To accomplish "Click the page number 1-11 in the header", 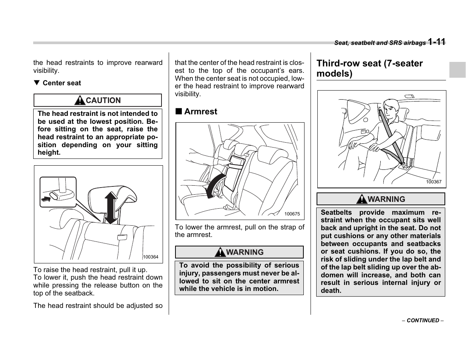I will [x=437, y=42].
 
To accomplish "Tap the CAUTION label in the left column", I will [x=103, y=100].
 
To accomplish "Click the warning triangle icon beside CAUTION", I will [x=80, y=100].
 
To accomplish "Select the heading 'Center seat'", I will [x=62, y=83].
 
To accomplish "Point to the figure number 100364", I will [x=151, y=257].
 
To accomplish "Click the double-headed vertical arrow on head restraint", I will [x=111, y=208].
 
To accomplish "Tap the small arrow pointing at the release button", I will [x=46, y=198].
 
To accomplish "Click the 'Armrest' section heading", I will [x=201, y=111].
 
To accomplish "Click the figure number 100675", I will [x=292, y=214].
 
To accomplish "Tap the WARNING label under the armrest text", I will [x=245, y=252].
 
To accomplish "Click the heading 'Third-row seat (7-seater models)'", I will [x=369, y=68].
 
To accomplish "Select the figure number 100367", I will [x=434, y=182].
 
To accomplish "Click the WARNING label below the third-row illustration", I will [x=386, y=199].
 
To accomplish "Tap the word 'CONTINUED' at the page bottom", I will [x=423, y=320].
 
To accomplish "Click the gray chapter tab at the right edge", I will [x=457, y=70].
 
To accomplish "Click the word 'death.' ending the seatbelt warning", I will [x=331, y=291].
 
